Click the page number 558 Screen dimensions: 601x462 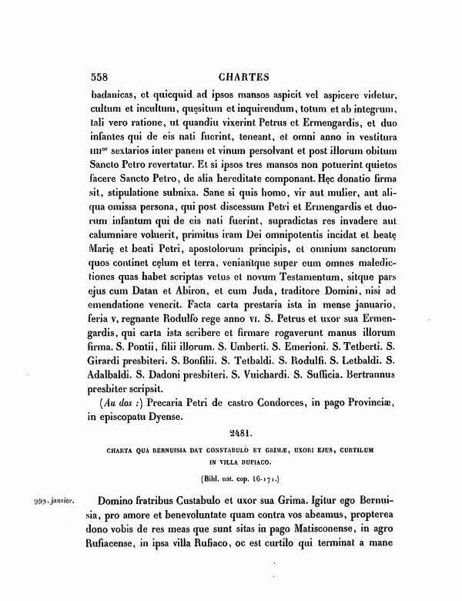click(x=92, y=77)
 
